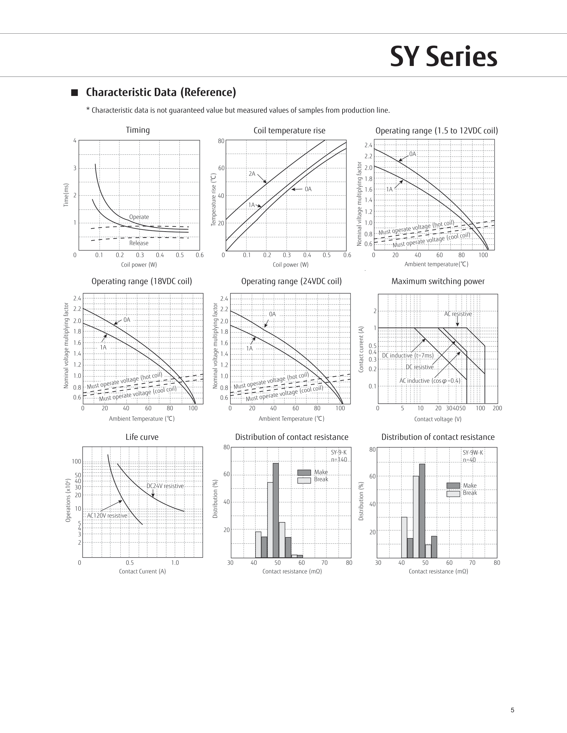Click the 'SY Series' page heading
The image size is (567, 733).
coord(443,57)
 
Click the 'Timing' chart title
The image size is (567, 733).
coord(138,130)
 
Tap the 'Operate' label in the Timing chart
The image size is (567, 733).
coord(139,217)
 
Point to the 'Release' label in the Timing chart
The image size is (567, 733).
coord(139,243)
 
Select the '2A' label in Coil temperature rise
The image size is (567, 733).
coord(252,174)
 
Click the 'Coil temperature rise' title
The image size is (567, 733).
coord(289,131)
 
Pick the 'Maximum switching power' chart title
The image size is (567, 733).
coord(438,281)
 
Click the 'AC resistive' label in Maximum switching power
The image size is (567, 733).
coord(458,314)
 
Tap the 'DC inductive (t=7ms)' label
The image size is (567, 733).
coord(408,356)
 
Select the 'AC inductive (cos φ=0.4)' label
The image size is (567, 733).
coord(430,380)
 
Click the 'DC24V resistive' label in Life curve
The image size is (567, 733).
coord(165,486)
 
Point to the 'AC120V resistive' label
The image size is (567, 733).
coord(107,515)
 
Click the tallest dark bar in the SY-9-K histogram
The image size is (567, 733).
coord(276,510)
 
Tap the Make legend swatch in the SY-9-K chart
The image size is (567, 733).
coord(304,472)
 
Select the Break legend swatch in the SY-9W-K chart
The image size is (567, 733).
coord(453,494)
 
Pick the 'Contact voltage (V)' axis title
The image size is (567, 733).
coord(438,419)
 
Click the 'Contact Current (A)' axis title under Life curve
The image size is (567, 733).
coord(142,571)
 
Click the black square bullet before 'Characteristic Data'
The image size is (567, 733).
coord(75,93)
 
